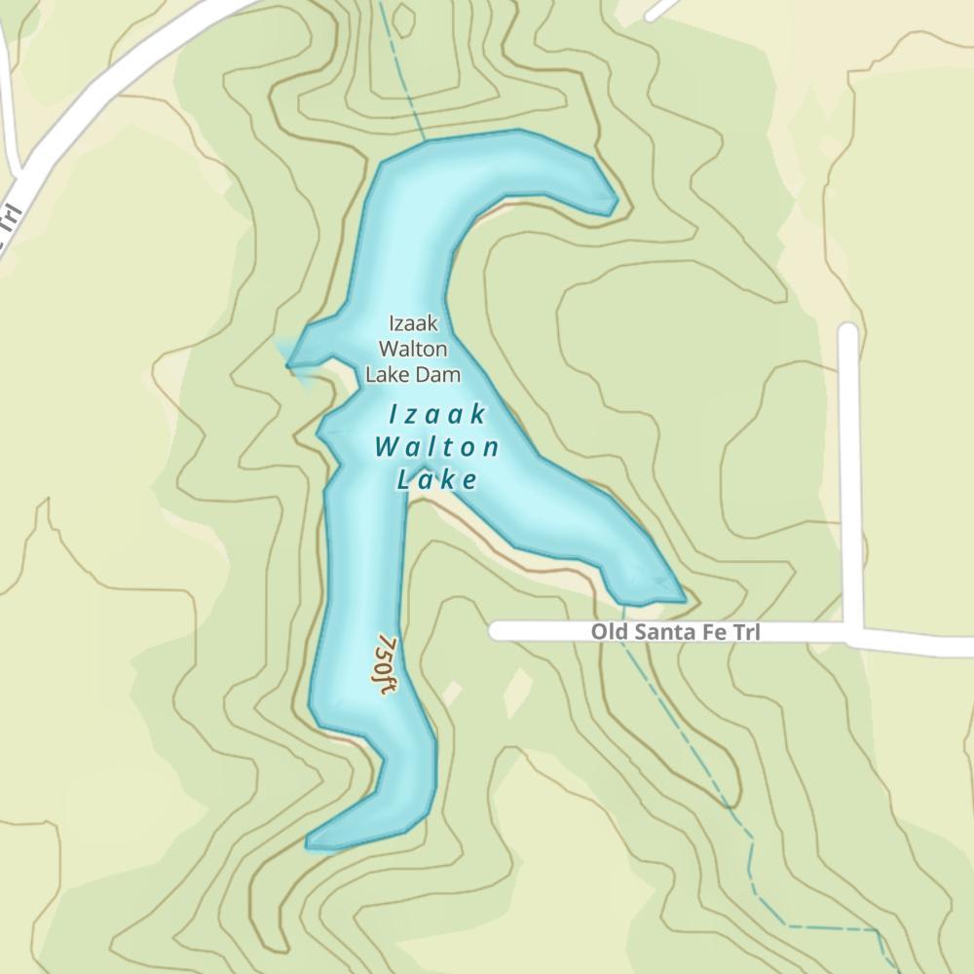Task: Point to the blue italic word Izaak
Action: click(437, 415)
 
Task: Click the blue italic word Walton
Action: click(437, 447)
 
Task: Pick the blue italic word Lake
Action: click(437, 479)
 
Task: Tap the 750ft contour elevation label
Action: click(386, 665)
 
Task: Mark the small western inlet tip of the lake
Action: click(289, 365)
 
